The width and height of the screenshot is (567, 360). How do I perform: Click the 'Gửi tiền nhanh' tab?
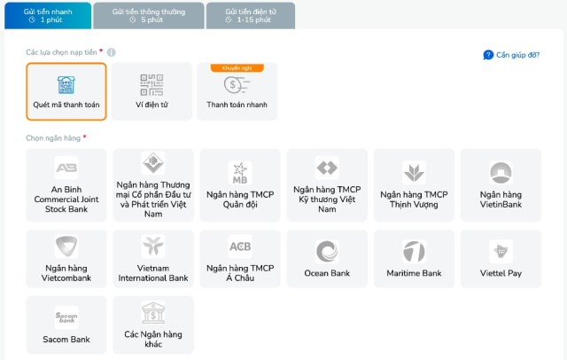(48, 16)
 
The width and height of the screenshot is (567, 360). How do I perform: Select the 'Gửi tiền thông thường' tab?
(149, 16)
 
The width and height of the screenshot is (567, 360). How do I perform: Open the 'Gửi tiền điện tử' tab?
(251, 16)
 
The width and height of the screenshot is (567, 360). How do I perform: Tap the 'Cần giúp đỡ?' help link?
(511, 55)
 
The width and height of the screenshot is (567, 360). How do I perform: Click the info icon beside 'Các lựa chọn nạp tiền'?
(112, 52)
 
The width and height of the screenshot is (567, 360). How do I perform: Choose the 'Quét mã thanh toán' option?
(66, 91)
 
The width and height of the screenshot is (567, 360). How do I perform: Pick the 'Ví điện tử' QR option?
(151, 91)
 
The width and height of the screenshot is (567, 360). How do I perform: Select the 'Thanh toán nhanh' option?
(237, 91)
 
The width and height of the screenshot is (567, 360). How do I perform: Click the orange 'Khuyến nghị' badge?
(237, 68)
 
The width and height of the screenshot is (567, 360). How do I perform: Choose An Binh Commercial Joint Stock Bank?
(66, 185)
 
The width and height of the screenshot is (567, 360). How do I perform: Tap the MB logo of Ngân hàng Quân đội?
(240, 173)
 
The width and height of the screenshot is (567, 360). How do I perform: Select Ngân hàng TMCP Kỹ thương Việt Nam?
(327, 185)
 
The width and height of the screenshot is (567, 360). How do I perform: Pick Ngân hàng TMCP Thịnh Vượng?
(414, 185)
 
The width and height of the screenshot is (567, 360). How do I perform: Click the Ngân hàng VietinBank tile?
(501, 185)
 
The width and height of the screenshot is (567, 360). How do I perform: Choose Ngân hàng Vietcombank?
(66, 259)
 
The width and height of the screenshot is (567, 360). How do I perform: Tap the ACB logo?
(240, 247)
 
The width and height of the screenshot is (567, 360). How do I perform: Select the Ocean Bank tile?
(327, 259)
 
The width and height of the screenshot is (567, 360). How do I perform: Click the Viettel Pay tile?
(501, 259)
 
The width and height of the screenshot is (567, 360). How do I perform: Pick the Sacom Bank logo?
(66, 317)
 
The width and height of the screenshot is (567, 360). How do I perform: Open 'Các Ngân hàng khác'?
(153, 325)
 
